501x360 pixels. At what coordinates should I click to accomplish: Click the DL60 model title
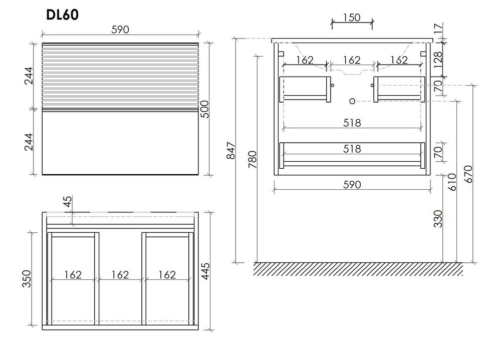pos(62,15)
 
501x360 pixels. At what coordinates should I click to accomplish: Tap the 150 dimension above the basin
pos(352,17)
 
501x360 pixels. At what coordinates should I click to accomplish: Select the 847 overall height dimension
pos(230,150)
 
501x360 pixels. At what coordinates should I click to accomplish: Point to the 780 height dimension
pos(252,159)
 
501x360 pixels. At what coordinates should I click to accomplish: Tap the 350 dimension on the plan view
pos(27,278)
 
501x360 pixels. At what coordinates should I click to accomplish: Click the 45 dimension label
pos(68,201)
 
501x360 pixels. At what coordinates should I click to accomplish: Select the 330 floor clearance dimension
pos(438,219)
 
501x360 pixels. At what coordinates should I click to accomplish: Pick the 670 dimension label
pos(468,174)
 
